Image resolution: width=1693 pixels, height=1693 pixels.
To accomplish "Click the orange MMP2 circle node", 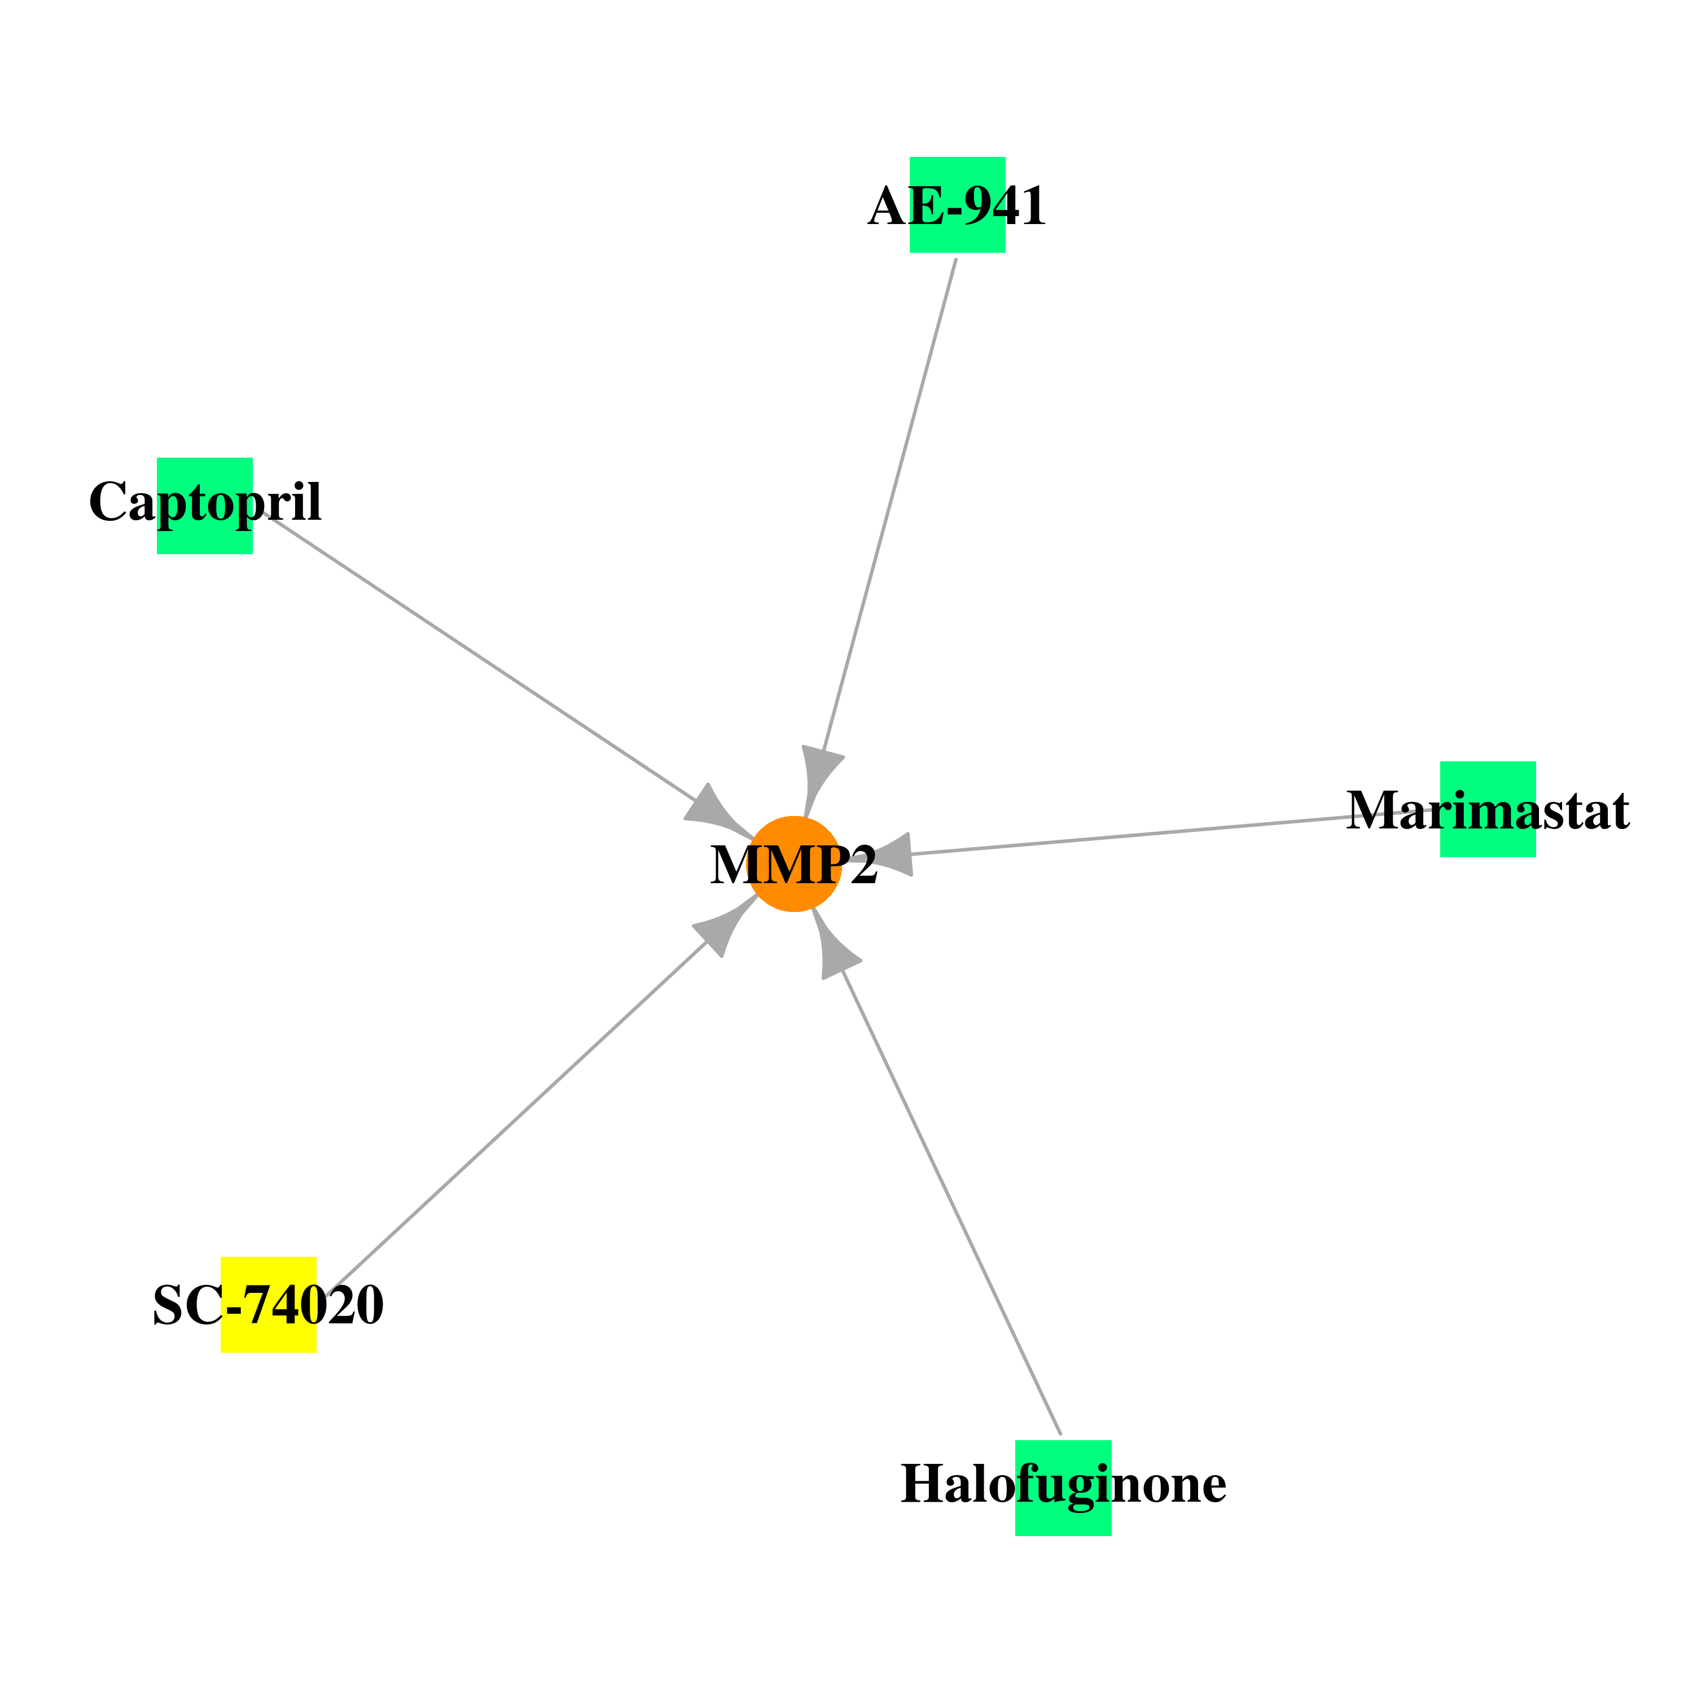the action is tap(794, 864).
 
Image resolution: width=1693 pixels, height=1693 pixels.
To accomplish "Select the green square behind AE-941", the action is tap(957, 205).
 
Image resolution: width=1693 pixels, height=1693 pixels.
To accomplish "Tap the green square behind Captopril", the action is tap(205, 506).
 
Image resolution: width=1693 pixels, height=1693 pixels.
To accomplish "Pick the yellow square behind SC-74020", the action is tap(268, 1305).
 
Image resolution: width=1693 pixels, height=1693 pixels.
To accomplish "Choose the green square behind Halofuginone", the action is tap(1063, 1488).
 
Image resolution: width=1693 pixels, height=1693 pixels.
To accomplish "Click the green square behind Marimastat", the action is tap(1488, 809).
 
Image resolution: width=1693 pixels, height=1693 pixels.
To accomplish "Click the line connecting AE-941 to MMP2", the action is tap(889, 505).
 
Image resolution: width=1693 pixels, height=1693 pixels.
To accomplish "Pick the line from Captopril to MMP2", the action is tap(480, 657).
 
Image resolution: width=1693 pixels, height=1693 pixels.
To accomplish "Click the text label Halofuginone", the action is tap(1064, 1484).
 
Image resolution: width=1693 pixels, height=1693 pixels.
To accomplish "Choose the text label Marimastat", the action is tap(1488, 810).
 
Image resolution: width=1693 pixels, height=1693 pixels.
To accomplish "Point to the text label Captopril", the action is tap(205, 503).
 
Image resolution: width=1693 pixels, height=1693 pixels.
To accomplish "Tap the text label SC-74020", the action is tap(268, 1305).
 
